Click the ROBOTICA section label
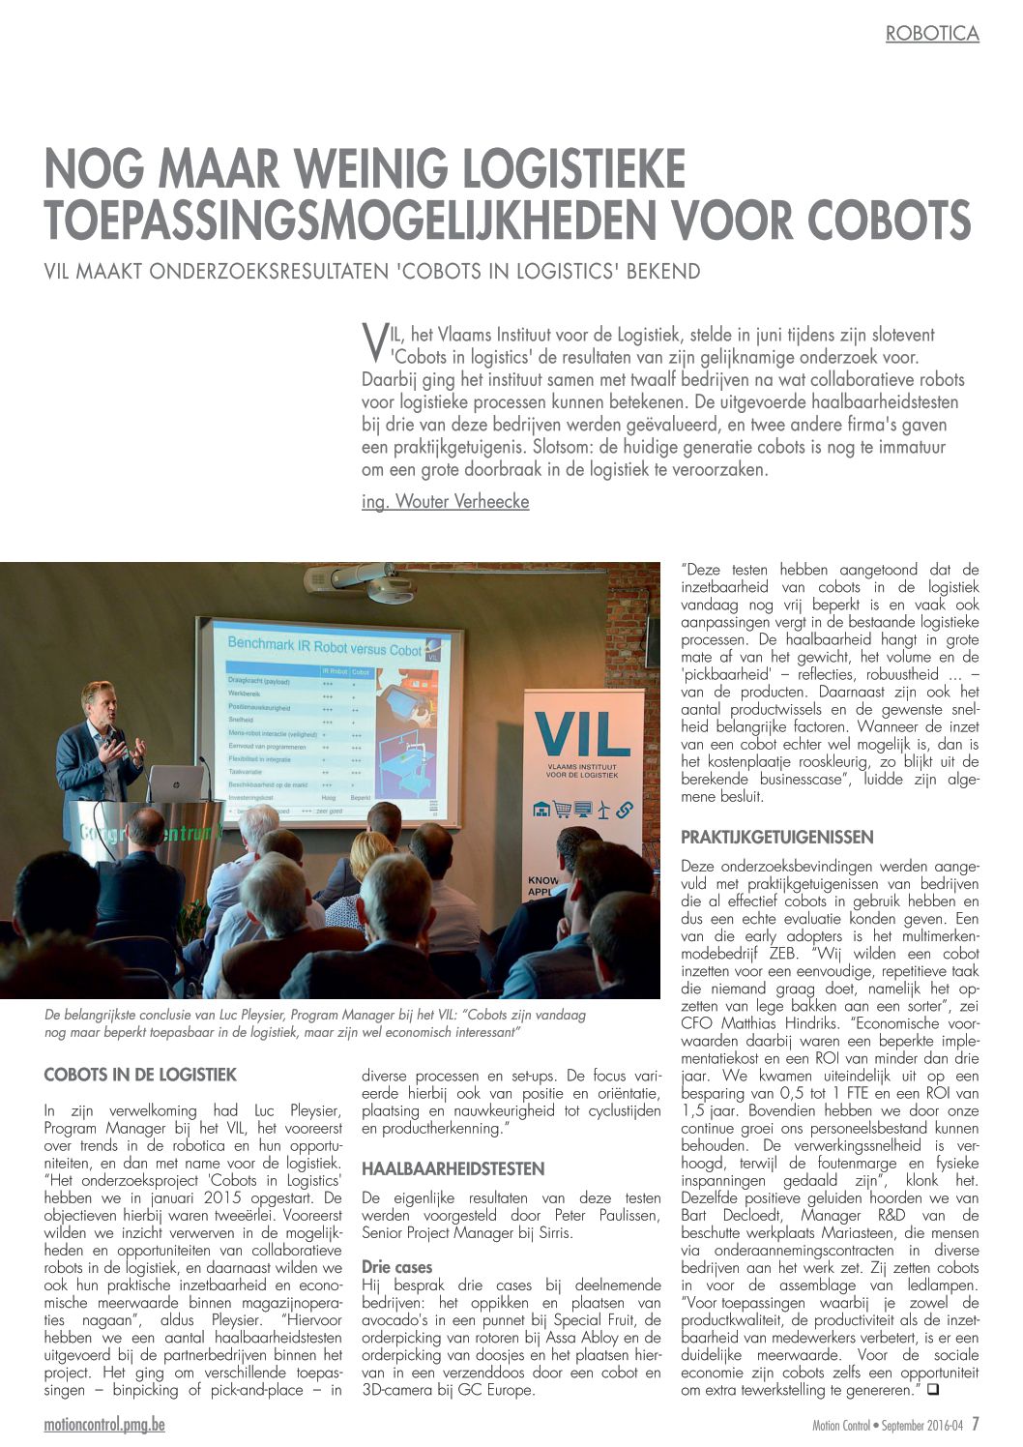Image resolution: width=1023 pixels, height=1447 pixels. point(932,34)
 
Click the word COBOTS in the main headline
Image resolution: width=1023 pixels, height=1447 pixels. point(889,220)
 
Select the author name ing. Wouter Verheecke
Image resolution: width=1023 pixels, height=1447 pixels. point(445,501)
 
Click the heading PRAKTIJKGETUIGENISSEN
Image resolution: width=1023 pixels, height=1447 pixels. point(776,838)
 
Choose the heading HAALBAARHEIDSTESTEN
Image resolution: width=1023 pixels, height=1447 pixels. point(453,1169)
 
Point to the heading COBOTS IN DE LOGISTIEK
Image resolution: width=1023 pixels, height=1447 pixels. point(140,1075)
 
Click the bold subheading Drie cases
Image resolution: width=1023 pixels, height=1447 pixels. point(396,1267)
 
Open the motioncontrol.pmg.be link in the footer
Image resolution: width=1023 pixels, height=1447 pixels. point(104,1425)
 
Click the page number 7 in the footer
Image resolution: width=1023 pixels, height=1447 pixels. point(976,1424)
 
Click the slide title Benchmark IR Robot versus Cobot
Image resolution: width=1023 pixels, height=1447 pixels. point(324,645)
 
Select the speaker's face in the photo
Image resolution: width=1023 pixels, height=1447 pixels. point(101,701)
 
